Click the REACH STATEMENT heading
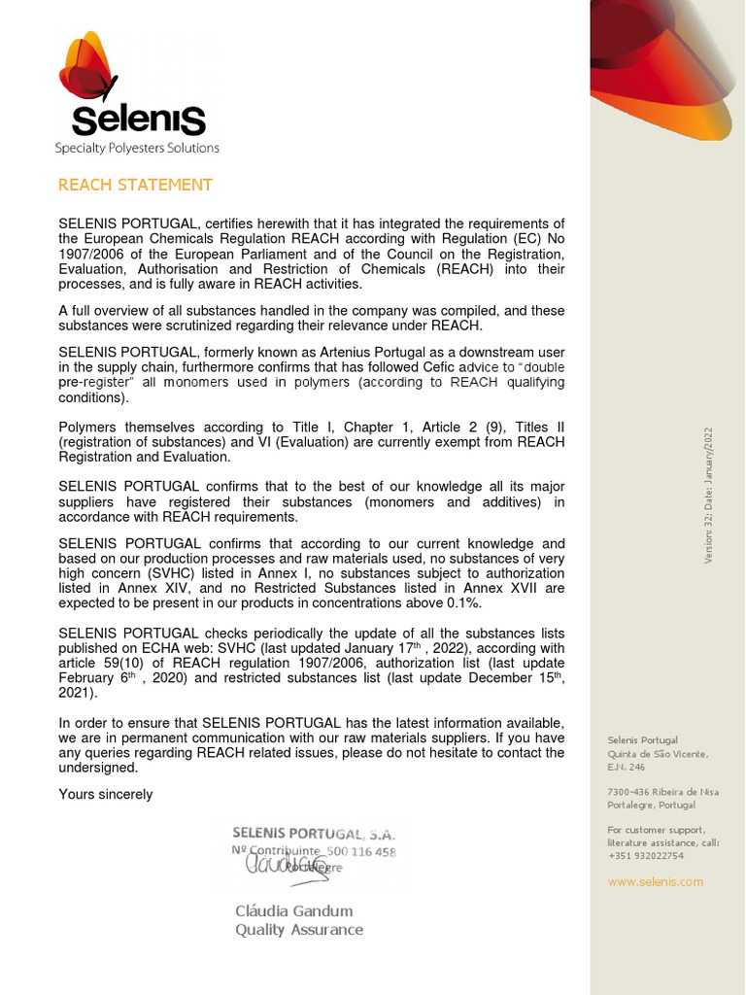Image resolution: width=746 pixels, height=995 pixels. (135, 185)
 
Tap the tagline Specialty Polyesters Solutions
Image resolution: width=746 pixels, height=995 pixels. (137, 148)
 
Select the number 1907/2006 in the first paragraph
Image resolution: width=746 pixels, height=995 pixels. (93, 254)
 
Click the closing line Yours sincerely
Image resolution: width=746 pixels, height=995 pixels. (106, 794)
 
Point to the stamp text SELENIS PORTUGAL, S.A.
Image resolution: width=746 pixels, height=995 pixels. (313, 834)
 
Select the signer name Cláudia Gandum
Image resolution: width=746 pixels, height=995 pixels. (294, 910)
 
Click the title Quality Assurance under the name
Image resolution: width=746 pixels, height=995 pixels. (299, 930)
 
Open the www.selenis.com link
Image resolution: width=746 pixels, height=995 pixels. (655, 881)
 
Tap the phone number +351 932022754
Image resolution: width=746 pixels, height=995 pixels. (646, 856)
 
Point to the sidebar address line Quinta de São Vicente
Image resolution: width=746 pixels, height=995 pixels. (658, 754)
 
